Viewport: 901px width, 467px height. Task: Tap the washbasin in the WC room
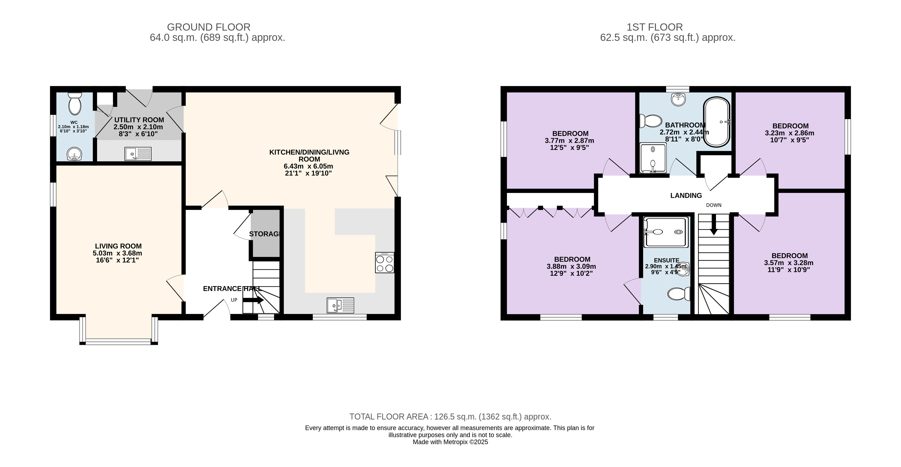click(74, 154)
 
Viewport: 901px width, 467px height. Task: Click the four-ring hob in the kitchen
click(384, 263)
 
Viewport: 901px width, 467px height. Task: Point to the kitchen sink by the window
click(340, 305)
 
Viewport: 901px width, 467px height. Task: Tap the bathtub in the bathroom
click(717, 122)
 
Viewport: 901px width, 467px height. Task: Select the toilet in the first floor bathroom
click(651, 121)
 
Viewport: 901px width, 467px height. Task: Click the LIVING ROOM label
click(118, 246)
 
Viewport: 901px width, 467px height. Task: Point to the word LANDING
click(686, 196)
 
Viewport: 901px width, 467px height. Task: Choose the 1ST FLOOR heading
click(654, 27)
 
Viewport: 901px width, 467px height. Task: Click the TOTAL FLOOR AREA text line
click(451, 417)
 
